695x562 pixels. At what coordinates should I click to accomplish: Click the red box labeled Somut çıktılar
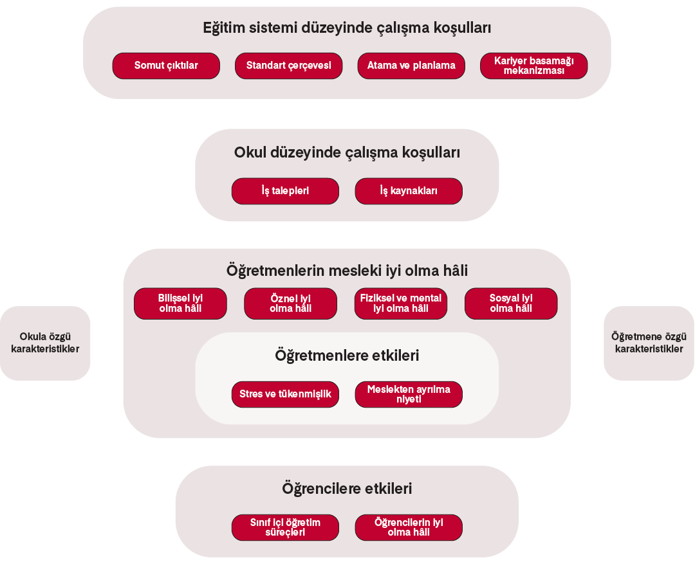pos(166,66)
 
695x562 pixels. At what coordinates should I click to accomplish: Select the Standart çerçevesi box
pos(288,66)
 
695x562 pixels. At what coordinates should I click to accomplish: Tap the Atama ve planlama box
pos(411,66)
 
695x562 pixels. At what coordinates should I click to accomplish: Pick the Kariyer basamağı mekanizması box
pos(533,66)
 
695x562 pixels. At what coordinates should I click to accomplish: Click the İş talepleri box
pos(285,191)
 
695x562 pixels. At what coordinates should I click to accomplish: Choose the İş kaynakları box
pos(409,191)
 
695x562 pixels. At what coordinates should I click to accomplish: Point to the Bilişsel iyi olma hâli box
pos(180,304)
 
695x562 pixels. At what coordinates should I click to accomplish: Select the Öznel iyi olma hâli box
pos(290,304)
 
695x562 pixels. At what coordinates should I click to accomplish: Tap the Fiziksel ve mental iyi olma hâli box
pos(400,304)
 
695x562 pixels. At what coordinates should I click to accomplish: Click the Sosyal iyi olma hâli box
pos(511,304)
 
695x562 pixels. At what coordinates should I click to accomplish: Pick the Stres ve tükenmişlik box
pos(285,394)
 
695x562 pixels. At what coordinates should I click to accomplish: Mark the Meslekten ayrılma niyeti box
pos(409,394)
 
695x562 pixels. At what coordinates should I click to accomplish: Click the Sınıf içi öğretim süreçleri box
pos(285,527)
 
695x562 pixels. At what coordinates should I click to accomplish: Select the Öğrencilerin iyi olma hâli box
pos(409,527)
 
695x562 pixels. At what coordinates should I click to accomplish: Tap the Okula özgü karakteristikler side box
pos(45,343)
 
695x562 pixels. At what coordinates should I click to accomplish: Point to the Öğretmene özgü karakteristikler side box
pos(649,343)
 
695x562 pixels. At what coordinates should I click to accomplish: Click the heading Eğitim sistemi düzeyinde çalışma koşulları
pos(347,28)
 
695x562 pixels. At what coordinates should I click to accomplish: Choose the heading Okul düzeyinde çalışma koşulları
pos(347,153)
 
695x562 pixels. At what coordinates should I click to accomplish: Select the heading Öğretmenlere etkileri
pos(347,355)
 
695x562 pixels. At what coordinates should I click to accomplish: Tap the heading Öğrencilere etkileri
pos(347,489)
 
